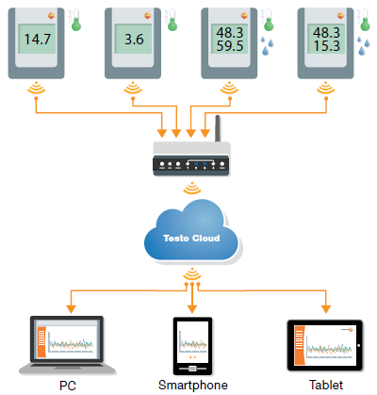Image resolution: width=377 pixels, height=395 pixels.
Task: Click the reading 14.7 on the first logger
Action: pos(38,40)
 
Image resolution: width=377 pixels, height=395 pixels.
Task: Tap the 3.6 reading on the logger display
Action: pos(134,40)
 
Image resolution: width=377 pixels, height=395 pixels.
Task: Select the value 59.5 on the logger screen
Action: pos(230,46)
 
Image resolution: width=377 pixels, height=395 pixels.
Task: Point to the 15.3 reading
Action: pos(326,46)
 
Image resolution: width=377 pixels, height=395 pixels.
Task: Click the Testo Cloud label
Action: pos(191,239)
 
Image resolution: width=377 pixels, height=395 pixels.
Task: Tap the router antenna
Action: pos(218,128)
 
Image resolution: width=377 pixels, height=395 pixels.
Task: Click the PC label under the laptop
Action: pos(68,386)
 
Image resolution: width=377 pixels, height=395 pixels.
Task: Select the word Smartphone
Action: pos(193,386)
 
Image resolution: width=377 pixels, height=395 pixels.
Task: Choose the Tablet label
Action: pos(326,385)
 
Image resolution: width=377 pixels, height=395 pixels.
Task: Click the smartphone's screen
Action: pos(192,341)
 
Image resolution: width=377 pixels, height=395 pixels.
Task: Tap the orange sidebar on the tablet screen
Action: pos(300,345)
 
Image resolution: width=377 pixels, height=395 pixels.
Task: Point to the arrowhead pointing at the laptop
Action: pos(72,309)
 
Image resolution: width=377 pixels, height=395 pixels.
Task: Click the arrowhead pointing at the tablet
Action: pos(326,309)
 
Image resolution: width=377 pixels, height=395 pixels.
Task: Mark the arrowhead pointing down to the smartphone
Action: pos(192,309)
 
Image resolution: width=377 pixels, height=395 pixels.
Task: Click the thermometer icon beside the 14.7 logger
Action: pos(75,20)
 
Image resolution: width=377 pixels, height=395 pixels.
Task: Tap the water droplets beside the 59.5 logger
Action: pos(267,46)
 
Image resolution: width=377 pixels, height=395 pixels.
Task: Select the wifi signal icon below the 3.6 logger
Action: pos(133,88)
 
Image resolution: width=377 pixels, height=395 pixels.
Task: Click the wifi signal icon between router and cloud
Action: pos(192,188)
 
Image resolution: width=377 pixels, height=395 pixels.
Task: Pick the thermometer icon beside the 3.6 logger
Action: pos(172,20)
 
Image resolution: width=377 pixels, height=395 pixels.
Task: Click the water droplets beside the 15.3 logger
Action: pos(364,46)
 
